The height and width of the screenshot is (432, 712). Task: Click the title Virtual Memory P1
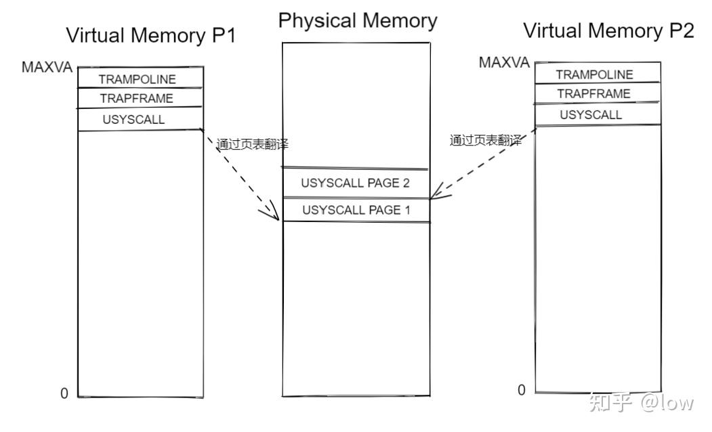(150, 35)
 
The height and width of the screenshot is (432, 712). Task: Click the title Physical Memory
(357, 20)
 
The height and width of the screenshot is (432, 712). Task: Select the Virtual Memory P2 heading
(608, 30)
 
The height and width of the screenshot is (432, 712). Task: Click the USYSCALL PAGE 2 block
(355, 183)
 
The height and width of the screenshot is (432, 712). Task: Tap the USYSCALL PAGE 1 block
(356, 210)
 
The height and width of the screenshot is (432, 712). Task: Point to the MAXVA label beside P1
(47, 67)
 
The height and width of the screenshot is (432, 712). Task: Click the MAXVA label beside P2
(504, 63)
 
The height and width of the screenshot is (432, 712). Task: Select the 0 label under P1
(64, 393)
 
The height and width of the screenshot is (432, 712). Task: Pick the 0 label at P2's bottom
(521, 389)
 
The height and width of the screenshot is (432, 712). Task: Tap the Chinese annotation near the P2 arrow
(486, 141)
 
